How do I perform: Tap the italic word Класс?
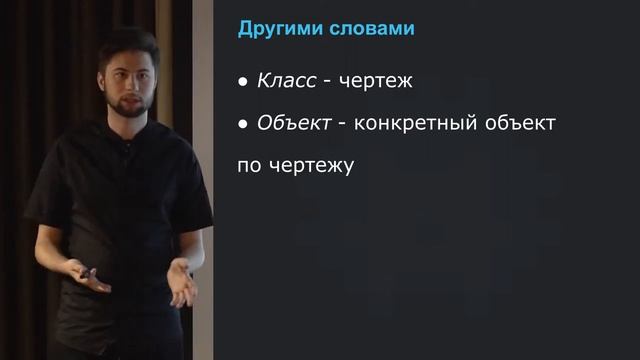286,82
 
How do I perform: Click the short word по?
249,165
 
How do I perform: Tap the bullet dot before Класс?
242,83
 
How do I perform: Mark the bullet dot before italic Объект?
242,124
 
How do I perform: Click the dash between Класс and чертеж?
326,83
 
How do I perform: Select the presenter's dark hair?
128,46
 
